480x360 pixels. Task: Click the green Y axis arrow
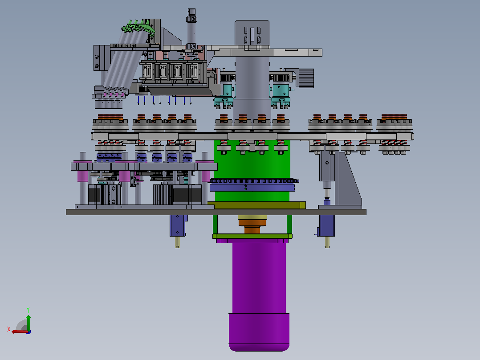click(28, 322)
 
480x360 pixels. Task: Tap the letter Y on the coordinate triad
click(28, 310)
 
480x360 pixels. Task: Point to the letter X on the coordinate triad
click(9, 330)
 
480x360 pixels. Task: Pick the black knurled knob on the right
click(306, 78)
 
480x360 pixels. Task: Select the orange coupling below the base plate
click(252, 229)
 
